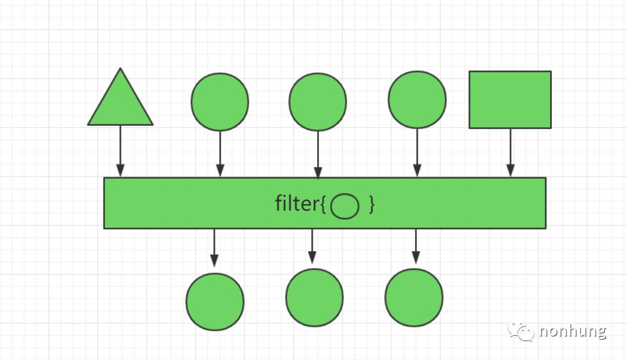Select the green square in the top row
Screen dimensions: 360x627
point(510,100)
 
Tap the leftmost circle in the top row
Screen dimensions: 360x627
point(220,102)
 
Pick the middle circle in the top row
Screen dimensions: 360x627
point(318,102)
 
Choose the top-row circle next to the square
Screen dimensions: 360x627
point(417,100)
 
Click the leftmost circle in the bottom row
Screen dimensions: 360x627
point(215,301)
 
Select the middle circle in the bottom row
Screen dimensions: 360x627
point(314,297)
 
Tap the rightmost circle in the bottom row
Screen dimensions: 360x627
point(414,297)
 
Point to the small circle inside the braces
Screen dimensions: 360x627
point(344,207)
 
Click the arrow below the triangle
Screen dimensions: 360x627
point(120,151)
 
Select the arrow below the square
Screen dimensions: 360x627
point(510,152)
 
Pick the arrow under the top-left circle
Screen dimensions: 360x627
point(220,153)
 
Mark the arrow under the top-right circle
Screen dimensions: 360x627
point(417,152)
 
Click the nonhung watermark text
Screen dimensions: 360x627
point(573,331)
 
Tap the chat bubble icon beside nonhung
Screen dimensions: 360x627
point(522,331)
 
